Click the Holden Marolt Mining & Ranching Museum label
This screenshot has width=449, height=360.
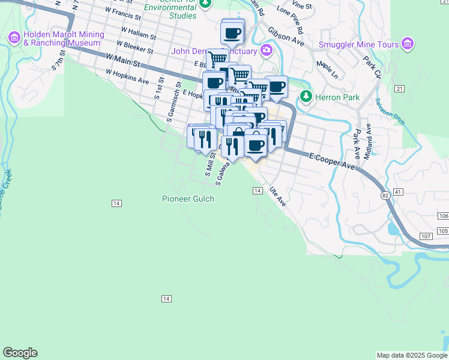click(62, 38)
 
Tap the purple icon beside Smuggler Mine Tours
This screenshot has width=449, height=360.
click(408, 44)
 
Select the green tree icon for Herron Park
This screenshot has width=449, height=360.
click(306, 96)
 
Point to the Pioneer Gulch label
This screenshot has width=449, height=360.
click(188, 199)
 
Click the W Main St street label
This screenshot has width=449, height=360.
click(122, 59)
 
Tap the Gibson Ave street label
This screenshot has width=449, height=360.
click(286, 37)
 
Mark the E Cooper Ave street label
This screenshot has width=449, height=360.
click(333, 160)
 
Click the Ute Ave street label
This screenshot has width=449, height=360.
click(277, 196)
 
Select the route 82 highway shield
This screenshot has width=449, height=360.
click(384, 196)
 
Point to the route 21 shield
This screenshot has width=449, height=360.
click(399, 89)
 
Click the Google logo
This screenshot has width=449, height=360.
click(20, 353)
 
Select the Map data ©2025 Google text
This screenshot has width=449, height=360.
click(412, 355)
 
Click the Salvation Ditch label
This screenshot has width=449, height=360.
click(390, 111)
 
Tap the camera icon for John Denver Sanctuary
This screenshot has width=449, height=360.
click(265, 50)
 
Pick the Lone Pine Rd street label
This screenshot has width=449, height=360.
click(291, 20)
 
